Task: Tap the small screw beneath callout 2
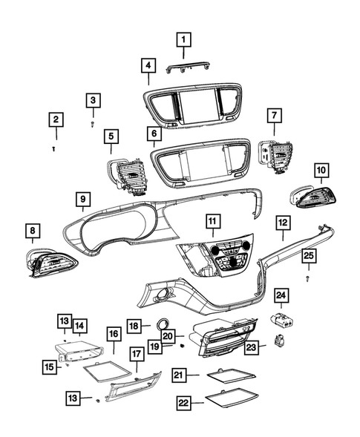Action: [x=55, y=148]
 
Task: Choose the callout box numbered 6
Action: [x=154, y=134]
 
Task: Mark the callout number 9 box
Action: [x=82, y=198]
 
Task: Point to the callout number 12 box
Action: [x=283, y=222]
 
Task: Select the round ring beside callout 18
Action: [x=162, y=325]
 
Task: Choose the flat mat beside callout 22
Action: [x=226, y=401]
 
